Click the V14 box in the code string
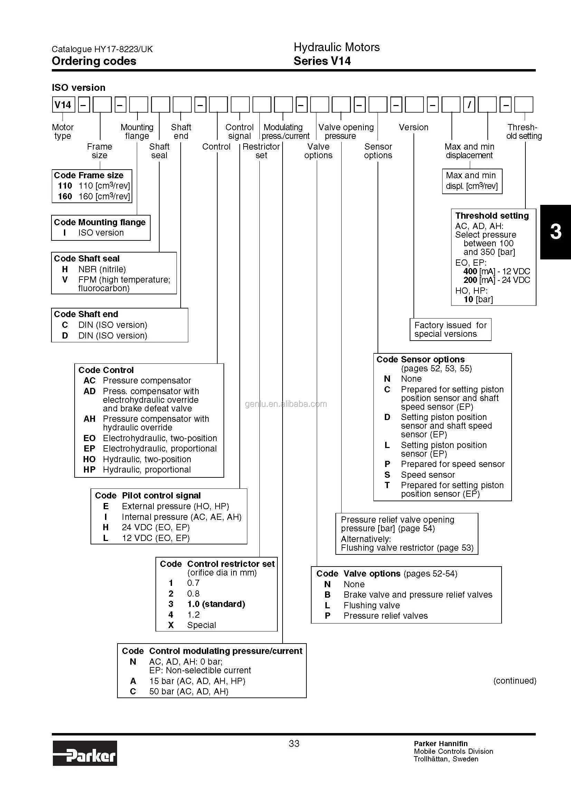click(63, 105)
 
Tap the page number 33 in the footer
click(294, 744)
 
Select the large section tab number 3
click(555, 232)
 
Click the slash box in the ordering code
click(469, 105)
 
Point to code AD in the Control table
click(89, 391)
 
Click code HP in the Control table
click(89, 470)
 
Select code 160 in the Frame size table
click(65, 196)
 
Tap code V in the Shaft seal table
click(65, 280)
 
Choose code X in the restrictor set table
click(171, 625)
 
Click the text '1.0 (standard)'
click(216, 604)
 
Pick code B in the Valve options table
click(327, 595)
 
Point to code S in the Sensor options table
click(387, 475)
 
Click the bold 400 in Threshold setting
click(470, 271)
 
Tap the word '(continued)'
click(515, 681)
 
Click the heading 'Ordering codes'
click(94, 61)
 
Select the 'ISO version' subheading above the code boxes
click(78, 88)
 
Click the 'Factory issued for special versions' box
click(450, 330)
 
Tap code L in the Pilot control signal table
click(106, 538)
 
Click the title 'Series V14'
click(322, 61)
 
